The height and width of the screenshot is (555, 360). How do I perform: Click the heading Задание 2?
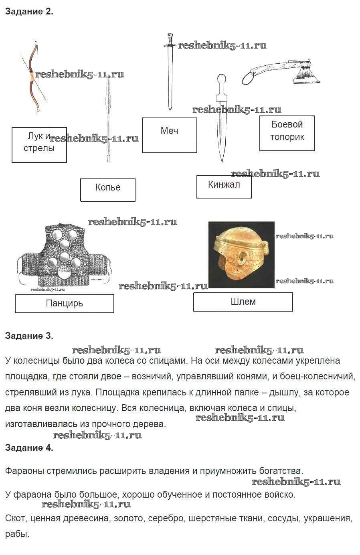click(x=29, y=12)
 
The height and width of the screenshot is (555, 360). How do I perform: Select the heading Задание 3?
click(x=29, y=336)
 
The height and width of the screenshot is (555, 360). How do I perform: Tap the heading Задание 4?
click(x=29, y=448)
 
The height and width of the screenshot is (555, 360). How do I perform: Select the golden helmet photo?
click(x=241, y=255)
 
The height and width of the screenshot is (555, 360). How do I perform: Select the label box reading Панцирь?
click(x=64, y=304)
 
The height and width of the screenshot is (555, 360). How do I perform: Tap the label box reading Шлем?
click(x=243, y=302)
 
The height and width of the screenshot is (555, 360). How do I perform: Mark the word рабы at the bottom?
click(x=17, y=534)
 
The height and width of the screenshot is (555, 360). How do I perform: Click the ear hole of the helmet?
click(x=242, y=259)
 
